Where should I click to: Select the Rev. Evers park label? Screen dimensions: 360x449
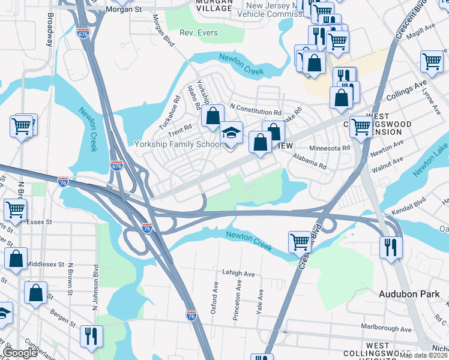[x=199, y=32]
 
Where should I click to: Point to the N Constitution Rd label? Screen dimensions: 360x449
[x=256, y=112]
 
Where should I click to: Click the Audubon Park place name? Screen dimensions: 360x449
[x=409, y=294]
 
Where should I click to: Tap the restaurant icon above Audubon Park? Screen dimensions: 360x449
[x=391, y=246]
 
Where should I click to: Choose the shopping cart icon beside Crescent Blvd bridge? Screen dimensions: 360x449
[x=300, y=242]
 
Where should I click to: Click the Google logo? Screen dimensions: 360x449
[x=20, y=353]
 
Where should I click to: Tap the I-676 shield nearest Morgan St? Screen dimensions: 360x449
[x=83, y=34]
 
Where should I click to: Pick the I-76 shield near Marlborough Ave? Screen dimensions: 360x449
[x=191, y=314]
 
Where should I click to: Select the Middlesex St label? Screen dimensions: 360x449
[x=45, y=263]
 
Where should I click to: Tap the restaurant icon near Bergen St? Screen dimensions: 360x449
[x=91, y=335]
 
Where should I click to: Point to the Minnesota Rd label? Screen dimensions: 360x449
[x=329, y=148]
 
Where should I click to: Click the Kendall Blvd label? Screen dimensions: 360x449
[x=409, y=206]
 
